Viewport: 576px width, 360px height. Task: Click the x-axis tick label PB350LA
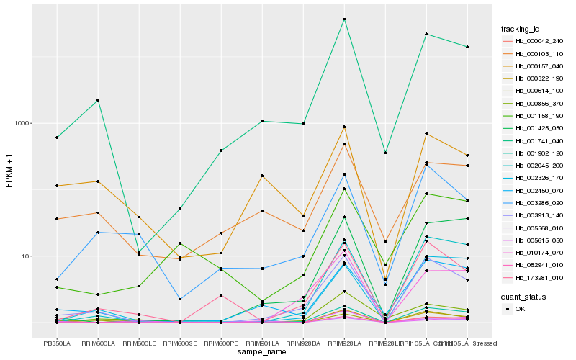tap(56, 343)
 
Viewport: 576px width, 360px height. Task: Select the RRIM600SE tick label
tap(180, 343)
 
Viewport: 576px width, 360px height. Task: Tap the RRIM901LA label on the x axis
tap(262, 343)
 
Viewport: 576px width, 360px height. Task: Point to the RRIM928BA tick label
tap(303, 343)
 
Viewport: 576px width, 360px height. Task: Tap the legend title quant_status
tap(523, 295)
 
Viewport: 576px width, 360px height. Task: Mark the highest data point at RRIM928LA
tap(344, 19)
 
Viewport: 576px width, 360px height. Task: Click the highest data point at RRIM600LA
tap(97, 100)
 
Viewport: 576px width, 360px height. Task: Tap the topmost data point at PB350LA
tap(56, 138)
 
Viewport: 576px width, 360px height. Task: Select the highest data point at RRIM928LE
tap(385, 153)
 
